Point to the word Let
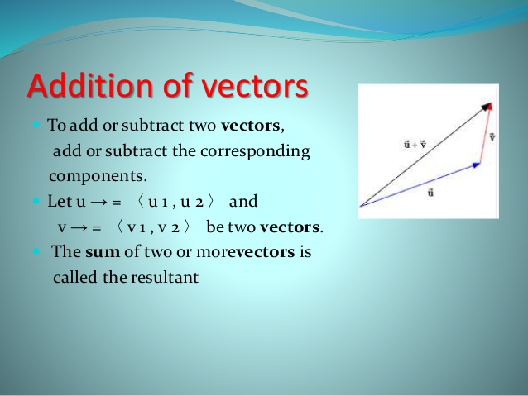pyautogui.click(x=60, y=202)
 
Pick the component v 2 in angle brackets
pyautogui.click(x=172, y=227)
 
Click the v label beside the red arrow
pyautogui.click(x=493, y=135)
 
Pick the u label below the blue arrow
pyautogui.click(x=430, y=193)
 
